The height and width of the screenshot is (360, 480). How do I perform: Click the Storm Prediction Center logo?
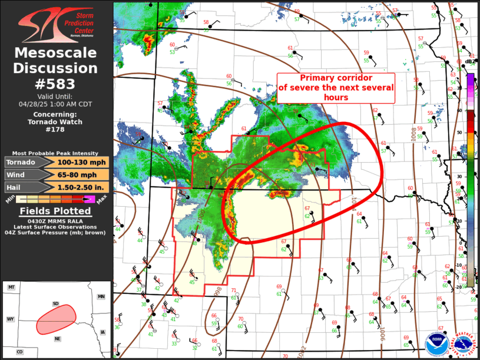coord(56,23)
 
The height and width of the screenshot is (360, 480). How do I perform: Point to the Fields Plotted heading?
coord(56,211)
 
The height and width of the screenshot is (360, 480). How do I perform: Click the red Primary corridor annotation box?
coord(336,88)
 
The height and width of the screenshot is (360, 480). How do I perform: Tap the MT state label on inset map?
coord(11,287)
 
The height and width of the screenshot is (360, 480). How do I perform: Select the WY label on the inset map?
coord(11,319)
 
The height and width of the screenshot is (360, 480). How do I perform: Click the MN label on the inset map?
coord(101,296)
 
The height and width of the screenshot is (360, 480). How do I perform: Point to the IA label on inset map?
coord(103,332)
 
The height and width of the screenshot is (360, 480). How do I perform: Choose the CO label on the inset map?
coord(19,352)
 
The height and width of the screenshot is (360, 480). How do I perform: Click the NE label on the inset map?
coord(57,339)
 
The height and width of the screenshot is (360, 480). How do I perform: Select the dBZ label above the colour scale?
coord(469,61)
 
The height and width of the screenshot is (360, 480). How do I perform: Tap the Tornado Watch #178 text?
coord(56,125)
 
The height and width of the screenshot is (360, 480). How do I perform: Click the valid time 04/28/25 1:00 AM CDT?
coord(56,103)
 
